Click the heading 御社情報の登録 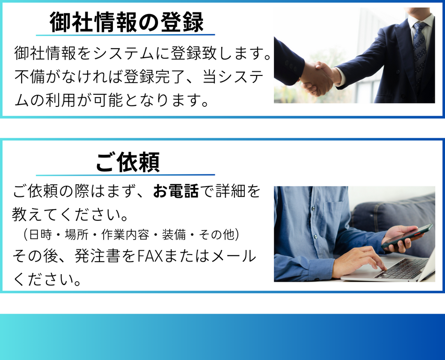(127, 22)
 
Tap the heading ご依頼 (128, 162)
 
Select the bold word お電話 (176, 191)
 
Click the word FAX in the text (150, 256)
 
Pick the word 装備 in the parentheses (173, 235)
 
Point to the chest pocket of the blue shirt (334, 216)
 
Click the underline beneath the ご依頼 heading (125, 175)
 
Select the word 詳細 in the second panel (230, 191)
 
